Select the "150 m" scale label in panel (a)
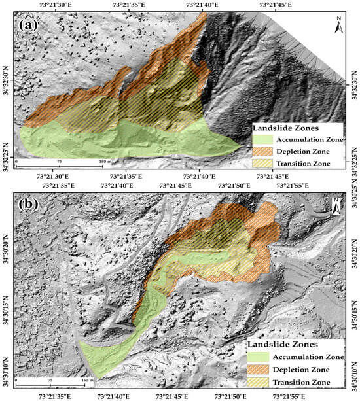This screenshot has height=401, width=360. pos(103,160)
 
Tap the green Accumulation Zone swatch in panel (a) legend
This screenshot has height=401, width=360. pos(261,139)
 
